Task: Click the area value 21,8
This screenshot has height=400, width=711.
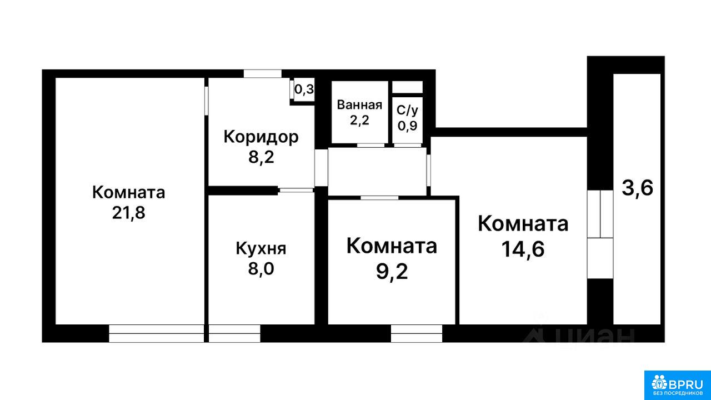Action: click(128, 213)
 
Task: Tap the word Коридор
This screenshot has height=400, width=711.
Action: click(261, 137)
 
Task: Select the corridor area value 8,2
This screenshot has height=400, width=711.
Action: click(261, 157)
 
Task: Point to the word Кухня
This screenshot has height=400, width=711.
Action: click(261, 248)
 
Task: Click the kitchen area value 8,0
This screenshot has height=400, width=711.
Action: click(261, 269)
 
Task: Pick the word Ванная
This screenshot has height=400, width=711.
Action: click(359, 105)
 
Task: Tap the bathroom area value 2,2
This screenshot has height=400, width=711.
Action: click(359, 121)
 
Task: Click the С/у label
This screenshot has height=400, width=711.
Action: click(408, 110)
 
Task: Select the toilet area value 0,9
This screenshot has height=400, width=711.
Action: click(408, 126)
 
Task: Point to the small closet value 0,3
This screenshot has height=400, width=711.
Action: click(304, 89)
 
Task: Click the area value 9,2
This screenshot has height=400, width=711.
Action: click(392, 272)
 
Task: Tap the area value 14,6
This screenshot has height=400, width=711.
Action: click(523, 249)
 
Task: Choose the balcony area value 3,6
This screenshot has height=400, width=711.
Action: click(637, 188)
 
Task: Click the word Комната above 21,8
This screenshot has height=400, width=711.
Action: click(128, 192)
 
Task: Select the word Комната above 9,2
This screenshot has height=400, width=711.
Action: click(392, 246)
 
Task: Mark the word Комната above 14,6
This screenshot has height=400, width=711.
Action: click(523, 224)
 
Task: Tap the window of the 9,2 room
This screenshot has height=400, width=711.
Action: click(417, 333)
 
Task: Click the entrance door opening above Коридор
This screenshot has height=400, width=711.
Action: click(263, 73)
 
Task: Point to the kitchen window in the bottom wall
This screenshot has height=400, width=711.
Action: click(234, 333)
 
